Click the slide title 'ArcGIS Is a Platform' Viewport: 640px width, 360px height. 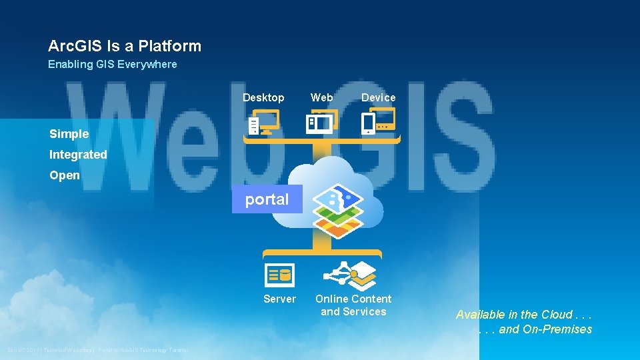point(124,46)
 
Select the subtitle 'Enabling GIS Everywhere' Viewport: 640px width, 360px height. point(112,65)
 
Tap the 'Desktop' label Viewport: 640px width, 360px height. point(263,97)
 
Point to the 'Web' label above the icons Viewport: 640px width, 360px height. point(322,97)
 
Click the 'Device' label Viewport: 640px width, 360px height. point(378,97)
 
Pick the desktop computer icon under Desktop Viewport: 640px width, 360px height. point(264,123)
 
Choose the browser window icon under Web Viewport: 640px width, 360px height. point(321,122)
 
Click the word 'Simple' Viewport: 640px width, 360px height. point(69,134)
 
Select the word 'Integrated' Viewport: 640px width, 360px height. point(78,155)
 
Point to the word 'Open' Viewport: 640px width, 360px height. point(65,175)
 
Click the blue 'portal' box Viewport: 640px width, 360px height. point(267,199)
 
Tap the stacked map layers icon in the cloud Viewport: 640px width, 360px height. point(339,210)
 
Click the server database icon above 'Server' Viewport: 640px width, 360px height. point(279,274)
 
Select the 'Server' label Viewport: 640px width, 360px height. point(279,299)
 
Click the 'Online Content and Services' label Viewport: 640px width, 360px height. point(353,305)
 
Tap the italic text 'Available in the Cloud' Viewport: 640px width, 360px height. point(524,315)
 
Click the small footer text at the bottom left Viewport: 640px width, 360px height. point(98,350)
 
